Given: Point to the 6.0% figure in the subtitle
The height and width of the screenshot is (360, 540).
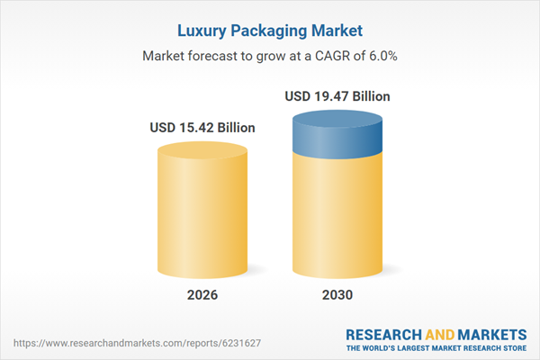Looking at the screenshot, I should tap(380, 55).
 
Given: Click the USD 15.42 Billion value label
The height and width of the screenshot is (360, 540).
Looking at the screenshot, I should tap(202, 128).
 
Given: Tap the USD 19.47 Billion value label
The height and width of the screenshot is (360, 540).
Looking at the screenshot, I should tap(337, 96).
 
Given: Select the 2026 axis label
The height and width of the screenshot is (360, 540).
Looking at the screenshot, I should tap(202, 295).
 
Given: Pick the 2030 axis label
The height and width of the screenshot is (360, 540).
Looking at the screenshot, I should tap(337, 295).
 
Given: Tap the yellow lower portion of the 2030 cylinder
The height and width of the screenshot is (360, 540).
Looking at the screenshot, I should tap(337, 216).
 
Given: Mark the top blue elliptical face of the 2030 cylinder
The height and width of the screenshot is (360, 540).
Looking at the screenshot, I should tap(337, 120).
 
